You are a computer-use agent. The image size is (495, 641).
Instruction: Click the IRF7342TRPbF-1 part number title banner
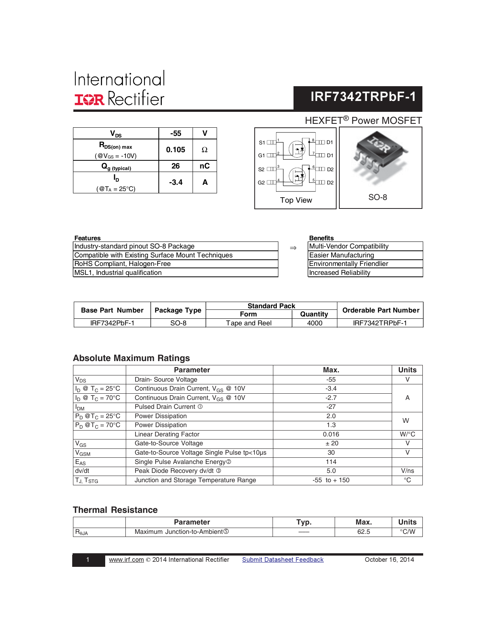pos(363,97)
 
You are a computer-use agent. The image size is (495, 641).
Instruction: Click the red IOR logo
pos(89,99)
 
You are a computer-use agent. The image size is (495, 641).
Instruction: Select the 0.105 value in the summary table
pos(175,149)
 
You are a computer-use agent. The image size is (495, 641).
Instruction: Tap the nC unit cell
pos(205,166)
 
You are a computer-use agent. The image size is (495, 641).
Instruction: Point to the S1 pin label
pos(262,142)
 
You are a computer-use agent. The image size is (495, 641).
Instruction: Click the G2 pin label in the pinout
pos(261,182)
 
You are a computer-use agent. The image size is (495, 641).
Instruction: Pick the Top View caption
pos(296,200)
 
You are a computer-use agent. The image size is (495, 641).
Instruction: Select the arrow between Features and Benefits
pos(293,248)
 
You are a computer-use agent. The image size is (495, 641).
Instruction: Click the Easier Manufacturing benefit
pos(342,255)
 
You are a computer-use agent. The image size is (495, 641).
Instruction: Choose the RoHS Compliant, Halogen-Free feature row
pos(123,264)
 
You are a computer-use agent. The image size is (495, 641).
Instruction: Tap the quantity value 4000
pos(314,323)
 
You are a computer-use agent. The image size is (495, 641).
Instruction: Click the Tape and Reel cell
pos(249,323)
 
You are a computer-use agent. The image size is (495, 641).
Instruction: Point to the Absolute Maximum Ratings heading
pos(132,358)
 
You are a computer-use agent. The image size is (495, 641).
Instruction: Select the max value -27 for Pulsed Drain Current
pos(331,406)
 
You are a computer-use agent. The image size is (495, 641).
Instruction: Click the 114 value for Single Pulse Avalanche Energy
pos(331,462)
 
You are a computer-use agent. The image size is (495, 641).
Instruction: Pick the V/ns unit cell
pos(407,471)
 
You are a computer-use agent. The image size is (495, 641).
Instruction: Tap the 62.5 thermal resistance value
pos(363,532)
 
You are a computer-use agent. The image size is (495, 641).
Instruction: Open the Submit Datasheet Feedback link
pos(283,559)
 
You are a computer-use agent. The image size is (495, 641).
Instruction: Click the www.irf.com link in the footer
pos(127,559)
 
